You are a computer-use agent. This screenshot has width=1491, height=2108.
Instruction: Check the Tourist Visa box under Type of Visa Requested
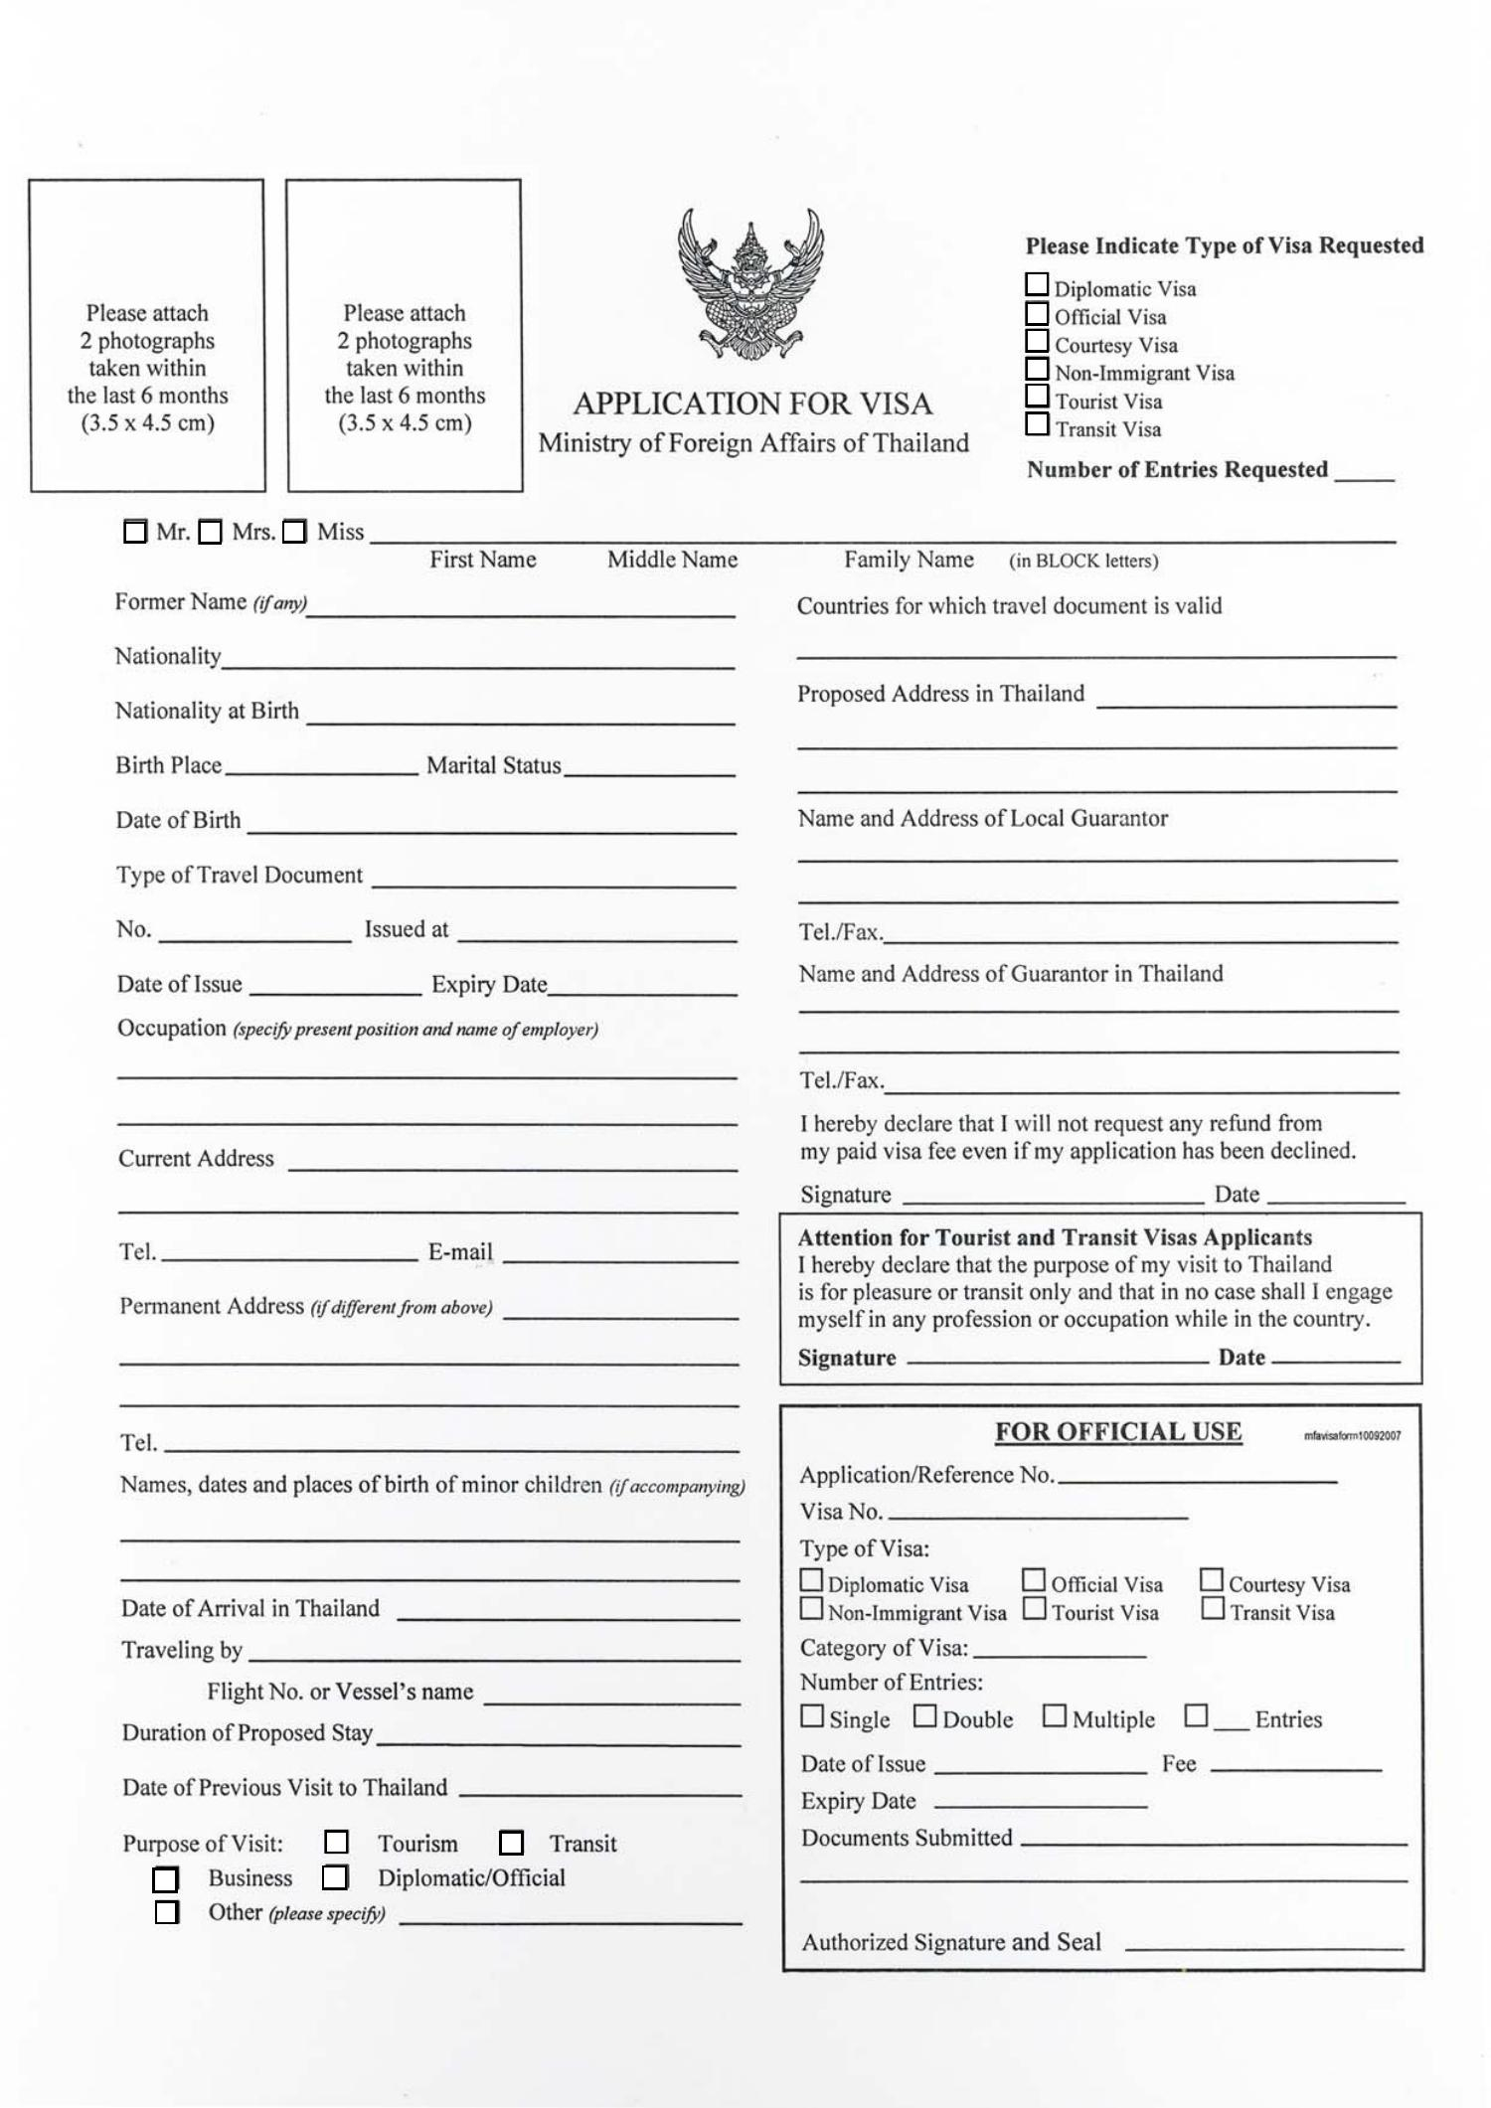(1037, 397)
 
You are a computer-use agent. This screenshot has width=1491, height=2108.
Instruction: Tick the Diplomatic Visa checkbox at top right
(1037, 284)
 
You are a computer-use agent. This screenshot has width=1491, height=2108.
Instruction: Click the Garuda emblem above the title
(751, 284)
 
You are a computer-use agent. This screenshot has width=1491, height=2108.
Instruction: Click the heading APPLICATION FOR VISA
(752, 404)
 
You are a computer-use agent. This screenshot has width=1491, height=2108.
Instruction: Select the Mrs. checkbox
(210, 533)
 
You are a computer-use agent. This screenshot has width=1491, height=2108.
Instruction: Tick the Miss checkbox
(294, 533)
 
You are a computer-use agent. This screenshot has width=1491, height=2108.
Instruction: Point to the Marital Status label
(493, 765)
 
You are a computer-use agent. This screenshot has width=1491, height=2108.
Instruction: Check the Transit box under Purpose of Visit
(511, 1844)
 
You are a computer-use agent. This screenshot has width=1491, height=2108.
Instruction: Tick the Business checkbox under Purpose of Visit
(165, 1879)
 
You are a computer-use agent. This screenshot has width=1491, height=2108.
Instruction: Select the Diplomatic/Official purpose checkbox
(335, 1877)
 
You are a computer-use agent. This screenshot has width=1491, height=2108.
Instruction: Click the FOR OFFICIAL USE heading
(1118, 1432)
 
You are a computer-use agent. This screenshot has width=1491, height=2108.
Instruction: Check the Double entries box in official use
(924, 1716)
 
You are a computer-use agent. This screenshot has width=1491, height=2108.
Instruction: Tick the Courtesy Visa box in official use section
(1211, 1580)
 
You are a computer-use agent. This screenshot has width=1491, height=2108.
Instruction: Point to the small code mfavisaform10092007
(1352, 1436)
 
